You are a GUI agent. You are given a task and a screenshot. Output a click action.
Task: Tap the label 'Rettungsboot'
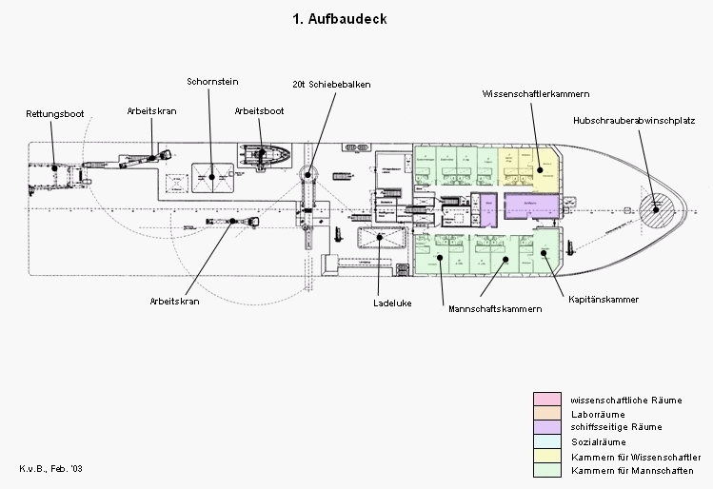point(54,114)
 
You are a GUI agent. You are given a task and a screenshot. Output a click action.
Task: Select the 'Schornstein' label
point(211,82)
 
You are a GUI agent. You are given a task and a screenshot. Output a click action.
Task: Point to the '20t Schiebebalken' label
point(331,85)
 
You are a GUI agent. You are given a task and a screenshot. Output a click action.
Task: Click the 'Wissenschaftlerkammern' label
point(536,94)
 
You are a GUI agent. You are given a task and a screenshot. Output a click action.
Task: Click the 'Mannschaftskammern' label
point(494,309)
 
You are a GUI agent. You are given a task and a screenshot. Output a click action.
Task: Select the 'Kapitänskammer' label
point(604,300)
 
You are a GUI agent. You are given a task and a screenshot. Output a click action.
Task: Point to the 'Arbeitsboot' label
point(259,111)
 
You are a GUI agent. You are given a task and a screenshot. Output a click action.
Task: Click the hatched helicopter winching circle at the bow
point(656,205)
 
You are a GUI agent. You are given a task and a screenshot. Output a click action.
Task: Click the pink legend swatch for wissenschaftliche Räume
point(545,399)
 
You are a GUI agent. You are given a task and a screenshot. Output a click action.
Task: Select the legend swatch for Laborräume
point(545,413)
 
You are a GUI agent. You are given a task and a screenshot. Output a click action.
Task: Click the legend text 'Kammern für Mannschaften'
point(632,471)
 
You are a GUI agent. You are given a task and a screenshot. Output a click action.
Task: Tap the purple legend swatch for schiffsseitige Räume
point(545,427)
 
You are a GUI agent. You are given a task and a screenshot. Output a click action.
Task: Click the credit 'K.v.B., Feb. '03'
point(51,470)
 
